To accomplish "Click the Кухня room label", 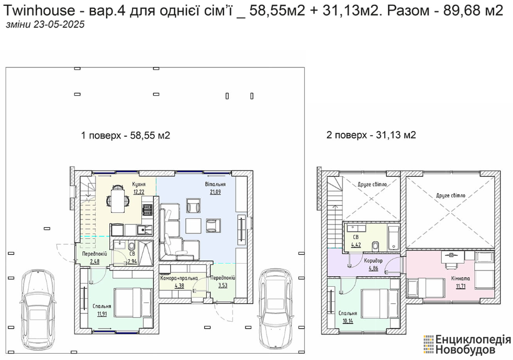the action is pos(139,184).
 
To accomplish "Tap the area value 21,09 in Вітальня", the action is pos(215,192).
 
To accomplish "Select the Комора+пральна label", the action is pos(179,278).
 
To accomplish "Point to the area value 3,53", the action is pos(222,286).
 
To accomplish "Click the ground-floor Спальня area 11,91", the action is pos(102,314).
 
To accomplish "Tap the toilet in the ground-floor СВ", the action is pos(132,246).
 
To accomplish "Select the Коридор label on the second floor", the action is pos(373,261).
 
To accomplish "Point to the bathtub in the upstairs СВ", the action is pos(393,238).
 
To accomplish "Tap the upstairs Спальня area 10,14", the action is pos(348,321).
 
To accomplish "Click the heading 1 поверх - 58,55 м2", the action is pos(126,136).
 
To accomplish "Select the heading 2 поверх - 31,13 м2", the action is pos(371,135).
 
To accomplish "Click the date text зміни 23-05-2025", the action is pos(45,25).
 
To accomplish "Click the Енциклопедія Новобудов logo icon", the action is pos(428,344).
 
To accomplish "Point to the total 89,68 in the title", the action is pos(461,10).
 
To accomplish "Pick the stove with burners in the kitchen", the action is pos(148,209).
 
